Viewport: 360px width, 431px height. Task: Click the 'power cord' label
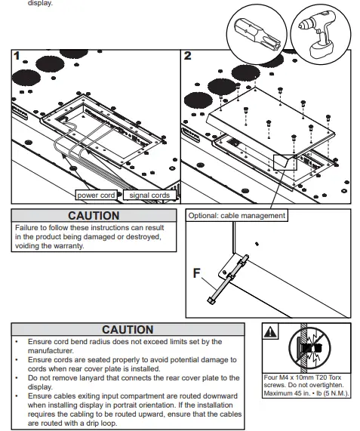pyautogui.click(x=96, y=195)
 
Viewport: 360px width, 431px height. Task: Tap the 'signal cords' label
pyautogui.click(x=149, y=195)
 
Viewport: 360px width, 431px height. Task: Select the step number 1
pyautogui.click(x=17, y=56)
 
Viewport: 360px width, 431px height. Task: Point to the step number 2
pyautogui.click(x=187, y=56)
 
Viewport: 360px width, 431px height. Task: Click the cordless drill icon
pyautogui.click(x=321, y=35)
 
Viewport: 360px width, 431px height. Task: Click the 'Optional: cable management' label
pyautogui.click(x=237, y=216)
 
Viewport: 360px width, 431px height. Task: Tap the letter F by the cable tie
pyautogui.click(x=197, y=273)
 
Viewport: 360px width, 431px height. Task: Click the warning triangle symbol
pyautogui.click(x=270, y=332)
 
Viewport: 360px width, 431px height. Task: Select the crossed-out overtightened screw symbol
pyautogui.click(x=309, y=348)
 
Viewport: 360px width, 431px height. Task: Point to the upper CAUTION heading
pyautogui.click(x=94, y=216)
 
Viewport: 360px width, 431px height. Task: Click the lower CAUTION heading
pyautogui.click(x=128, y=330)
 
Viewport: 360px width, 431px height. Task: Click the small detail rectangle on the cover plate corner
pyautogui.click(x=285, y=162)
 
